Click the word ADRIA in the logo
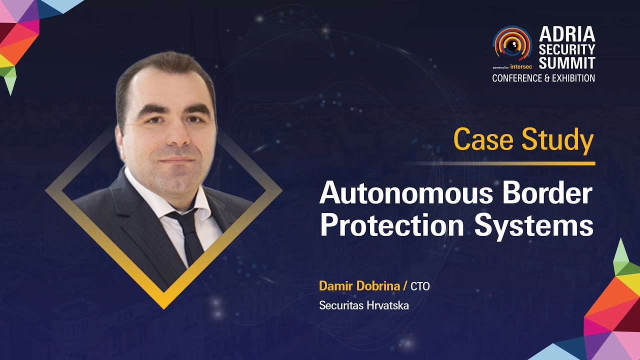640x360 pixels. [567, 34]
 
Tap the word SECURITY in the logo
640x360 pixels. [567, 49]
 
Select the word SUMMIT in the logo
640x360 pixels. [567, 63]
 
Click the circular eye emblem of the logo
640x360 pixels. [512, 43]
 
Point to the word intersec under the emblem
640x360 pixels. [521, 66]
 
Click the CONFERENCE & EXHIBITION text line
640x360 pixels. [543, 78]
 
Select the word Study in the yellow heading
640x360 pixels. [557, 141]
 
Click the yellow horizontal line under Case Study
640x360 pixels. [500, 163]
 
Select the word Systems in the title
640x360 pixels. [533, 226]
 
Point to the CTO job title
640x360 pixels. [420, 286]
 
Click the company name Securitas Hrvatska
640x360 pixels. [364, 305]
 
